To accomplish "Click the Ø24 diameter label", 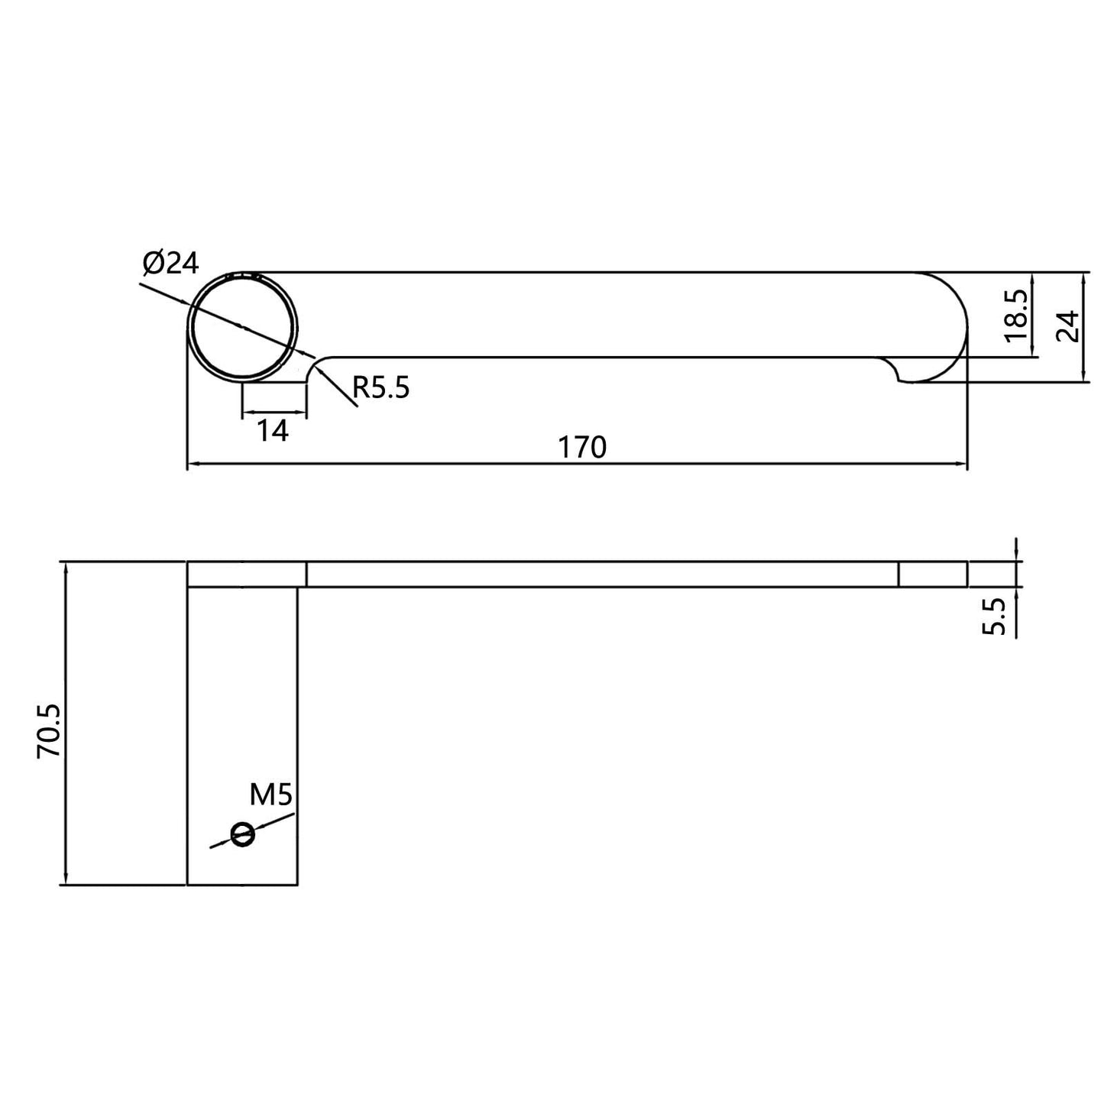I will (170, 263).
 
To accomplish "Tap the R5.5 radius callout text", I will (380, 389).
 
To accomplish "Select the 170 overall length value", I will (581, 447).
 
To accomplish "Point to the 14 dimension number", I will (272, 432).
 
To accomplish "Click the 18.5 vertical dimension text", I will (1016, 315).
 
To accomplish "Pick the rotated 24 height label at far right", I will (1068, 326).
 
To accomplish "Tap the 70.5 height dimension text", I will (50, 731).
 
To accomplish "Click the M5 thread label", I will (271, 795).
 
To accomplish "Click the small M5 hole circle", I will (242, 835).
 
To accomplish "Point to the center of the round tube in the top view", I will (243, 326).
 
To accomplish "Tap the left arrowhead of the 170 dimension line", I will (193, 464).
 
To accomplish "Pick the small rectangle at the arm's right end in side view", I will (932, 575).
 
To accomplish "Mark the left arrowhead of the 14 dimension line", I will (247, 414).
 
